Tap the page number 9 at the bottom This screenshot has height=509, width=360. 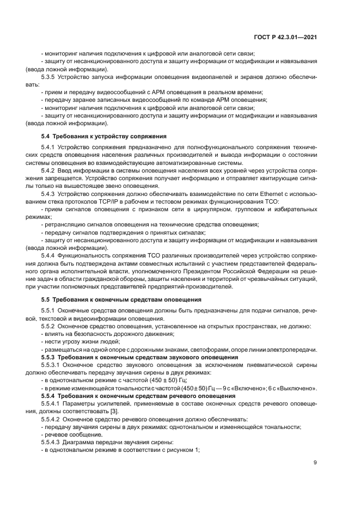tap(315, 463)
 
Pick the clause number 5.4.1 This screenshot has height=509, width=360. tap(48, 148)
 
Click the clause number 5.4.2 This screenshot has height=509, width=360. tap(48, 170)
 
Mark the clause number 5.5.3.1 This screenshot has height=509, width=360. tap(51, 365)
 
